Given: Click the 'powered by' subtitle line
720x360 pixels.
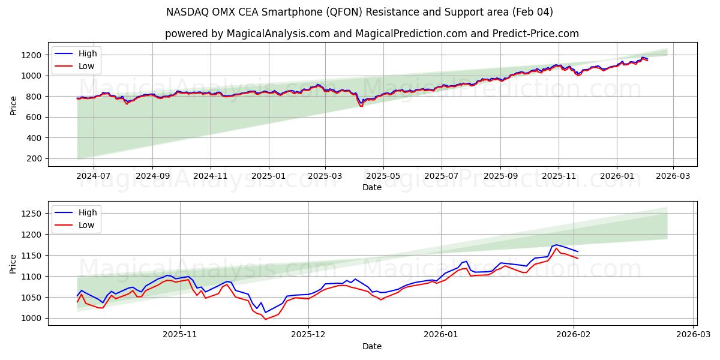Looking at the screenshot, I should point(372,34).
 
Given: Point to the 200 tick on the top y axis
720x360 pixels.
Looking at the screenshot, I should point(34,159).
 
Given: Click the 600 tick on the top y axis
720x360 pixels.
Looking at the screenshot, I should point(34,118).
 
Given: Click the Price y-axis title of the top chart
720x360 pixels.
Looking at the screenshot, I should point(13,104).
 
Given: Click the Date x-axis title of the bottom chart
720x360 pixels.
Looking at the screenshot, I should point(372,346).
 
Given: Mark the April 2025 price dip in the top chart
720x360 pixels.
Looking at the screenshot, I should point(361,106).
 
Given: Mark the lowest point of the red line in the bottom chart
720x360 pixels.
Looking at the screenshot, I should point(266,319).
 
